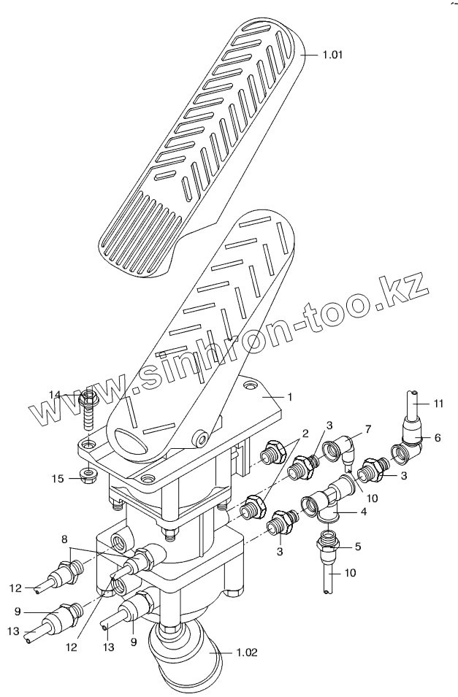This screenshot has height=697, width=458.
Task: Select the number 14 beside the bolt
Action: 56,395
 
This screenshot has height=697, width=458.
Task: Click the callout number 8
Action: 66,539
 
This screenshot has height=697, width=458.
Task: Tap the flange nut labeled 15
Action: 88,477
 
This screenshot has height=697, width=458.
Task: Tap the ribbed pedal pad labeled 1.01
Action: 197,146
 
